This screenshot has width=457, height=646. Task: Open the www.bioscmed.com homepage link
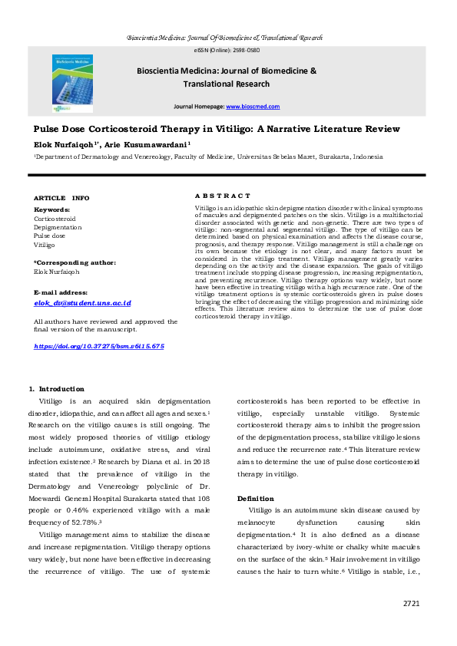pyautogui.click(x=258, y=107)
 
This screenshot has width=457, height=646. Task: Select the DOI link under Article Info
pyautogui.click(x=99, y=347)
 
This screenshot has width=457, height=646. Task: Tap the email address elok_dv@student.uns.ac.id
pyautogui.click(x=83, y=304)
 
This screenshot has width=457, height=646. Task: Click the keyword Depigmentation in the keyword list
pyautogui.click(x=58, y=227)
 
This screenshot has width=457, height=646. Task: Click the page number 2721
pyautogui.click(x=412, y=604)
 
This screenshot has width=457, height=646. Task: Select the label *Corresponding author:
pyautogui.click(x=75, y=262)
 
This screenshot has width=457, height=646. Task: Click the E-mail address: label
pyautogui.click(x=61, y=292)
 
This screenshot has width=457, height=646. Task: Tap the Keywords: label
pyautogui.click(x=52, y=209)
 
